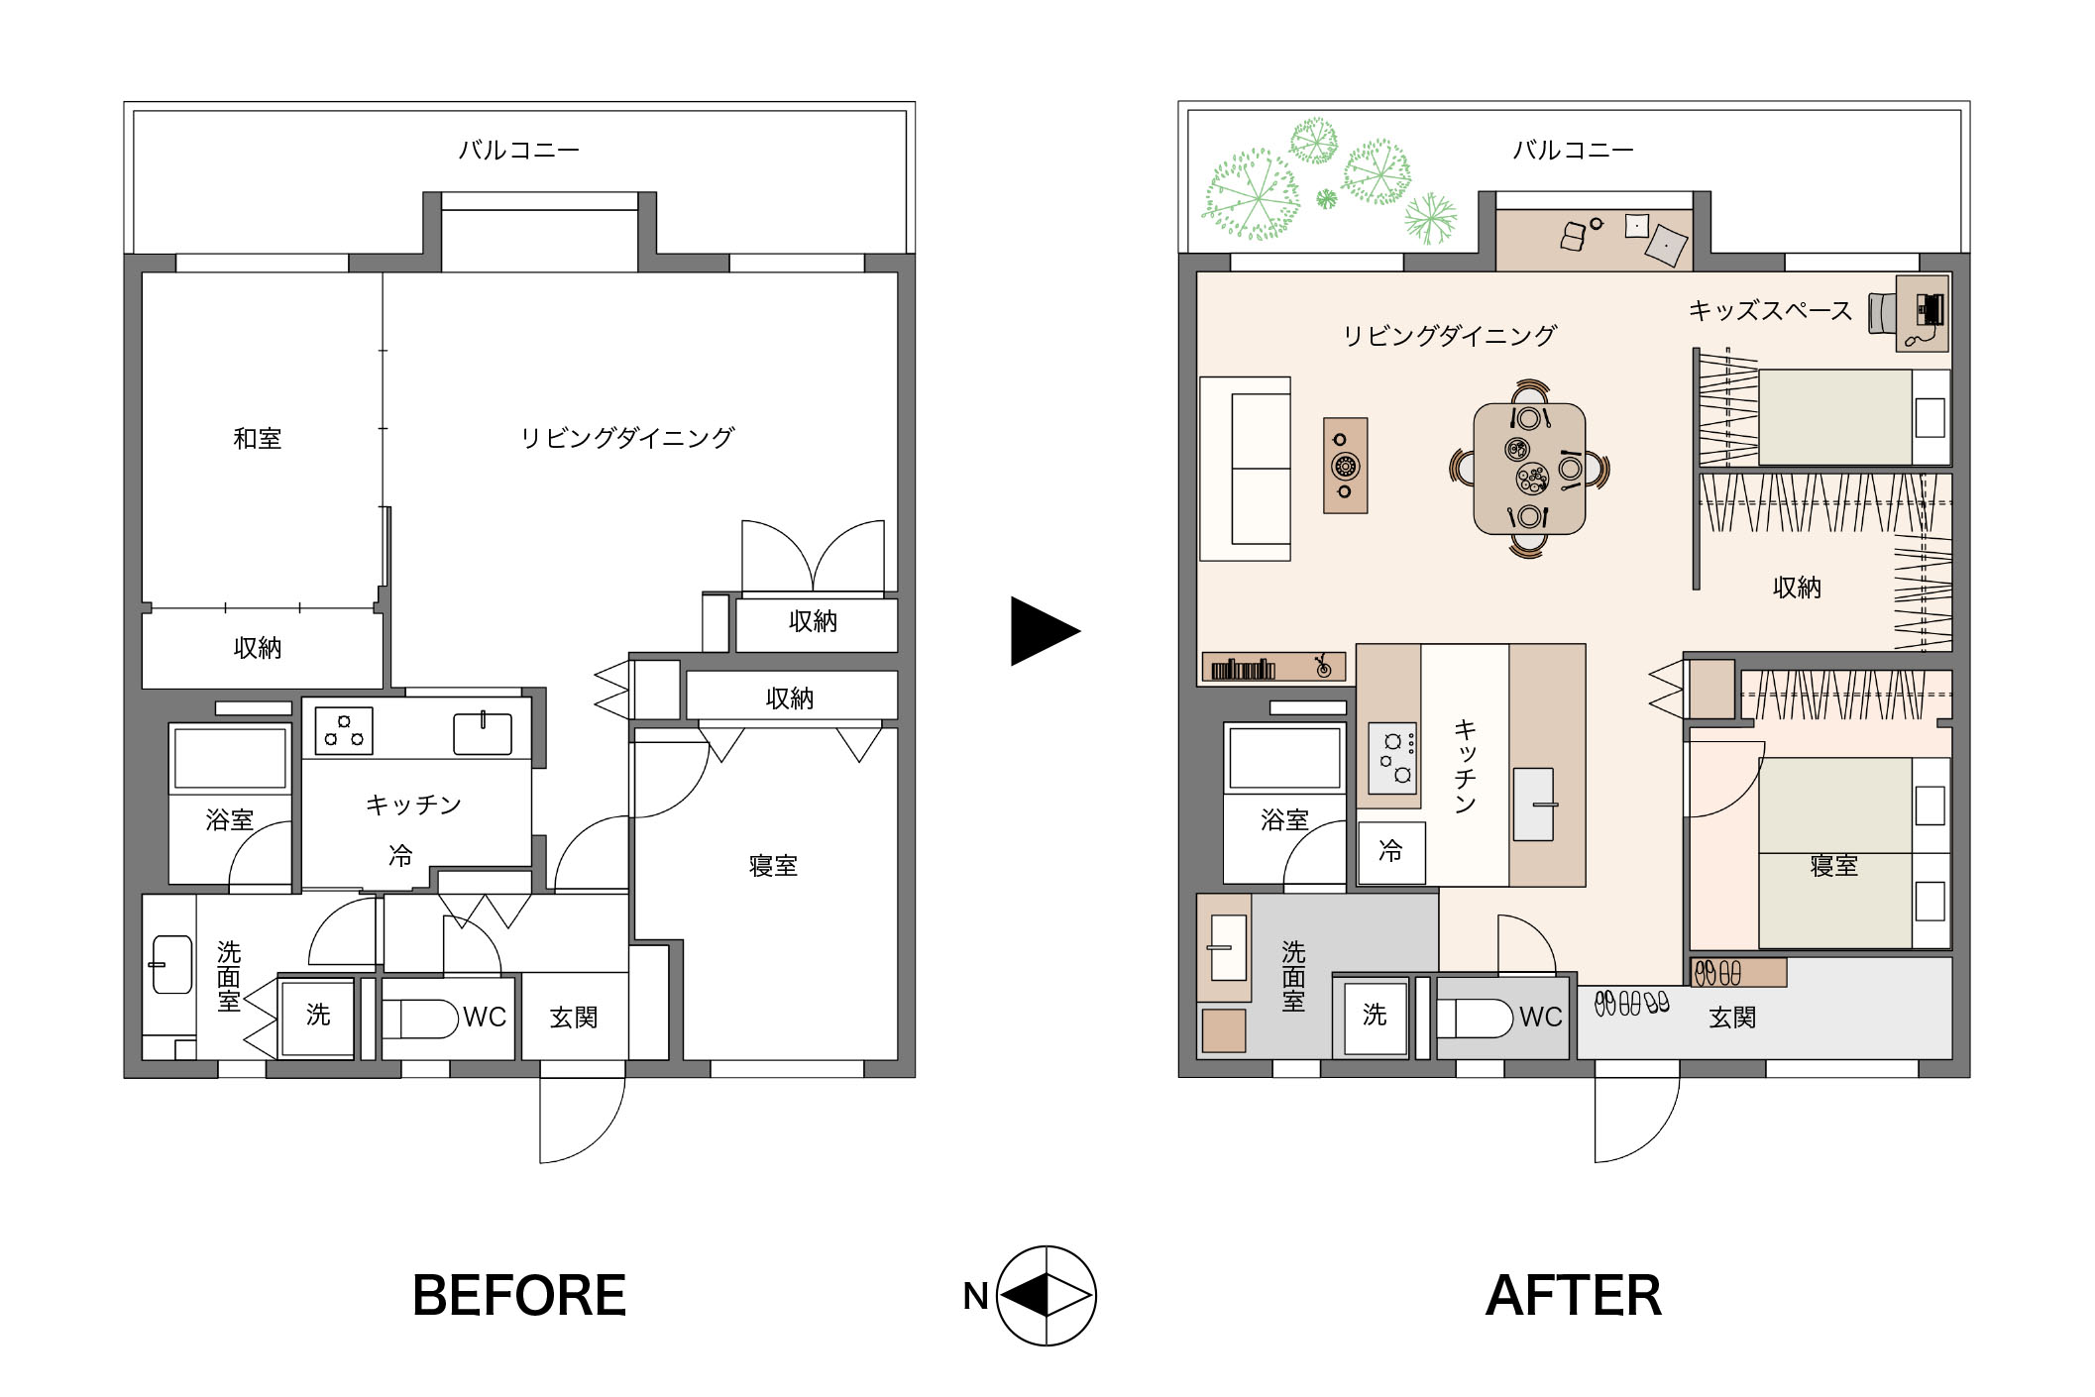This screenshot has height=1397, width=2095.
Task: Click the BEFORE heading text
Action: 519,1295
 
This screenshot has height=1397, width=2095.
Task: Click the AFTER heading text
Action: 1573,1295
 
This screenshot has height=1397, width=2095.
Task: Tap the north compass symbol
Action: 1047,1296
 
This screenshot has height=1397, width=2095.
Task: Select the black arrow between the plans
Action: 1045,630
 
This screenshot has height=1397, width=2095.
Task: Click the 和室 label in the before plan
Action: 258,438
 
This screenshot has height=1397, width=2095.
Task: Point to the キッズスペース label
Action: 1770,311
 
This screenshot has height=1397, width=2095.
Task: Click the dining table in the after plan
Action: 1529,469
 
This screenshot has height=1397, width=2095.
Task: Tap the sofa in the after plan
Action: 1246,469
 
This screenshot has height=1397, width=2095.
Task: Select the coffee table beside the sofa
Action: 1346,466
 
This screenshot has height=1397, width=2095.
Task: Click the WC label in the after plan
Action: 1540,1018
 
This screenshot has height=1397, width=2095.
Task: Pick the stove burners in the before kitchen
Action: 344,731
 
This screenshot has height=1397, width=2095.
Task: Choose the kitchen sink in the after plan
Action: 1533,805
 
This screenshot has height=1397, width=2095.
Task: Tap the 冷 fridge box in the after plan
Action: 1391,852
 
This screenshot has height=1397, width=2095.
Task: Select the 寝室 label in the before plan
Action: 773,866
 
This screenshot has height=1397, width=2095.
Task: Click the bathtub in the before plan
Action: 231,759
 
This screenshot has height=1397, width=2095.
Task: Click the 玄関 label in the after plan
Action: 1732,1018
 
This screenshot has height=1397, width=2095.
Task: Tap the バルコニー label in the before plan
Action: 519,150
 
